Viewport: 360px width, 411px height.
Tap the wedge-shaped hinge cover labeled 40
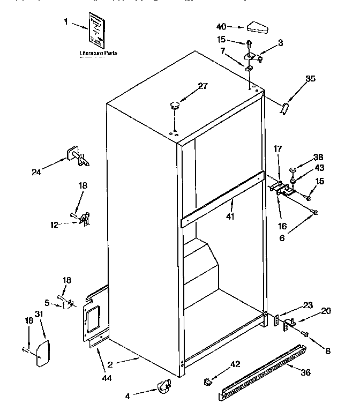259,26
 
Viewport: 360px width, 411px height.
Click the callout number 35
310,79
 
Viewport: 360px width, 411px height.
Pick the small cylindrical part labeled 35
284,108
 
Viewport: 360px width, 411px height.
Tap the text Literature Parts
98,54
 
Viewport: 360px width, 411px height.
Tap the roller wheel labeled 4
164,384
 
